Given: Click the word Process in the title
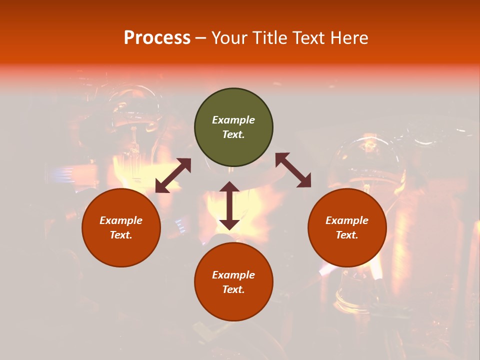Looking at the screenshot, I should pos(157,38).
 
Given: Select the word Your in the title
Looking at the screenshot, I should pos(230,38).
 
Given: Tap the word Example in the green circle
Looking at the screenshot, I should pos(233,120).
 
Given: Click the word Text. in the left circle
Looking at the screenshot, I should pos(121,235).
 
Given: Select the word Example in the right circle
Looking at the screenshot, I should pos(347,220).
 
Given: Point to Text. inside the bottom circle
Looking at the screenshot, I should pos(233,289).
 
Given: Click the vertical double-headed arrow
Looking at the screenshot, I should pos(229,205).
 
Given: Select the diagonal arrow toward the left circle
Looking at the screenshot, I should pos(173,175).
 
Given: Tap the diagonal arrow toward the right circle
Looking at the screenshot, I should pos(293,170).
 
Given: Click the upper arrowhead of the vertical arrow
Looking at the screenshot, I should pos(229,187).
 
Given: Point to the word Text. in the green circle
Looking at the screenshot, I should pos(233,134).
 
